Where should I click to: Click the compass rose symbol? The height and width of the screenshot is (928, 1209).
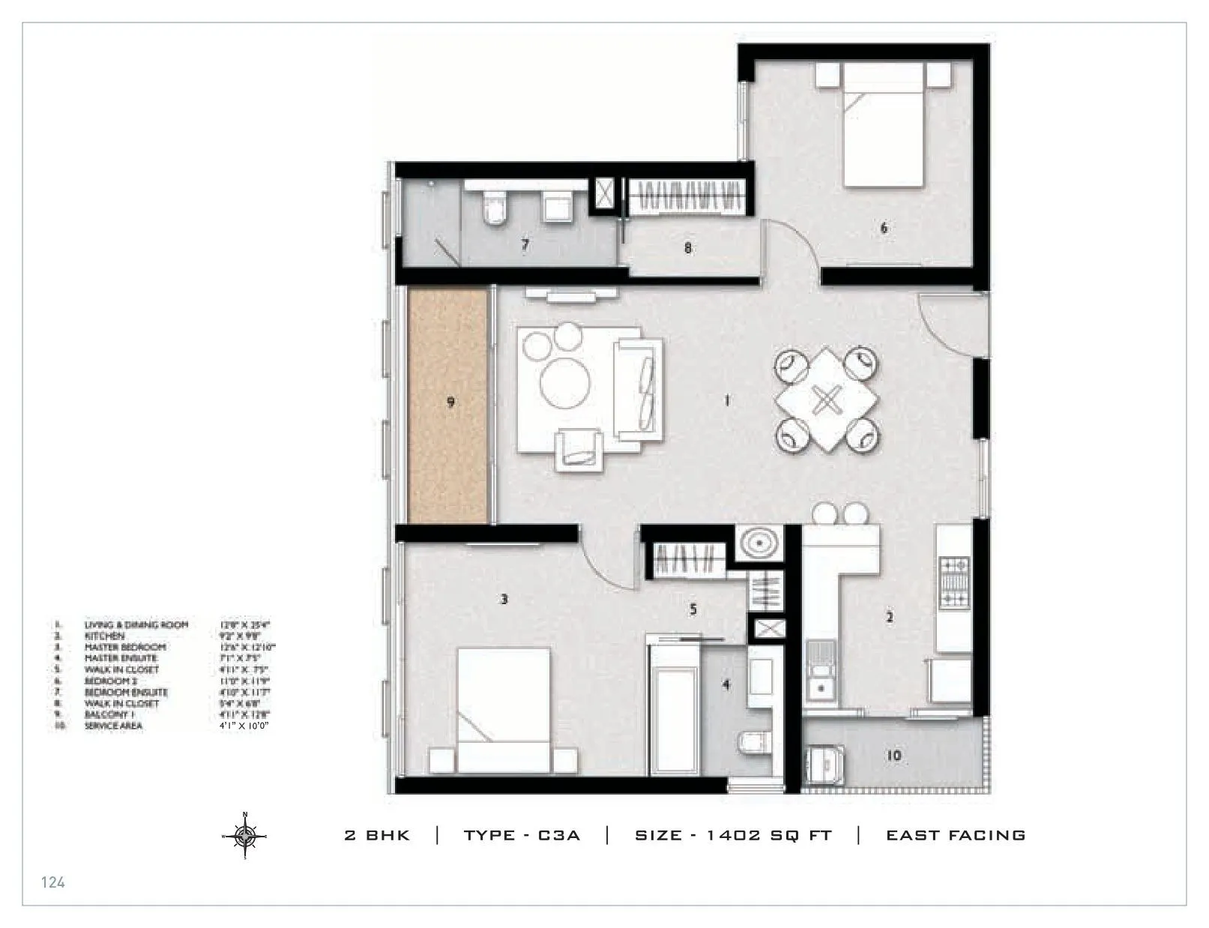click(245, 835)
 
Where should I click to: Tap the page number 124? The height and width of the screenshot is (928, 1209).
click(52, 882)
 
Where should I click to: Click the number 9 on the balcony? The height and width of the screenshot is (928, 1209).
click(450, 403)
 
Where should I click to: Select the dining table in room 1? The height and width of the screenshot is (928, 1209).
click(826, 400)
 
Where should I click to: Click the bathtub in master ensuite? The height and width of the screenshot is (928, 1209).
click(675, 712)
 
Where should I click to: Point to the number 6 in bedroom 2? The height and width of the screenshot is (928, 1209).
click(884, 228)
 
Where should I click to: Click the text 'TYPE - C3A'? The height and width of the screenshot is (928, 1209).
click(522, 835)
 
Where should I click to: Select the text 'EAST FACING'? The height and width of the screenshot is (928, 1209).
click(956, 835)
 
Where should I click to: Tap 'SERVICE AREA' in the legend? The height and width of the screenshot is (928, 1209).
click(113, 726)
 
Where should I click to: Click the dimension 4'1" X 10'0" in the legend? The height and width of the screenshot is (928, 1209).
click(244, 726)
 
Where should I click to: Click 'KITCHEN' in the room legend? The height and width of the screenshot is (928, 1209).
click(105, 636)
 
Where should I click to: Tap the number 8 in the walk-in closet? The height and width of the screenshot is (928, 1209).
click(688, 248)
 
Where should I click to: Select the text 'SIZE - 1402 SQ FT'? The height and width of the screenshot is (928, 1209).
click(733, 835)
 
